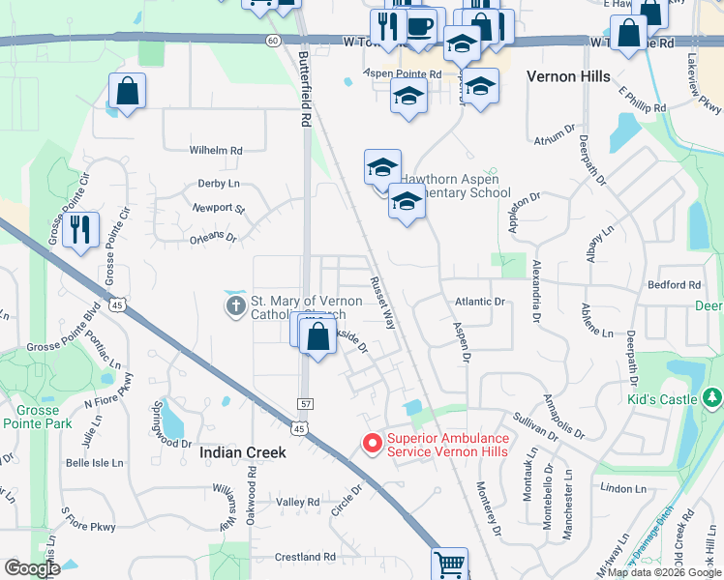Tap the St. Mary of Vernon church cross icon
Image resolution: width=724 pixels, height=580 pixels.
(x=235, y=307)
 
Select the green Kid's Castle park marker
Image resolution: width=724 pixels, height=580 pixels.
(x=712, y=397)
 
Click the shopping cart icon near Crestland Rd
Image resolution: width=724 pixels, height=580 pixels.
(x=449, y=564)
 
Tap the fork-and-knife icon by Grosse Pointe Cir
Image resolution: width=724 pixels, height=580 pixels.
(x=81, y=230)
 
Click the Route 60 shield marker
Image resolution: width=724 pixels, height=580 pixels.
(x=274, y=41)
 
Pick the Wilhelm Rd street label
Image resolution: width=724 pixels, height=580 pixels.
(x=215, y=151)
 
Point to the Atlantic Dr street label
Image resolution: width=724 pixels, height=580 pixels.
(x=480, y=302)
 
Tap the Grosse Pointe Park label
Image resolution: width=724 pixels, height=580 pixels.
(x=38, y=417)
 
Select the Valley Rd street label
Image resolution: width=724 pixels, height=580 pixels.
(x=297, y=503)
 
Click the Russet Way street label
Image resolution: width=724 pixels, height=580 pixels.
(x=382, y=303)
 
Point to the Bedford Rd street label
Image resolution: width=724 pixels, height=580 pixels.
(x=674, y=285)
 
